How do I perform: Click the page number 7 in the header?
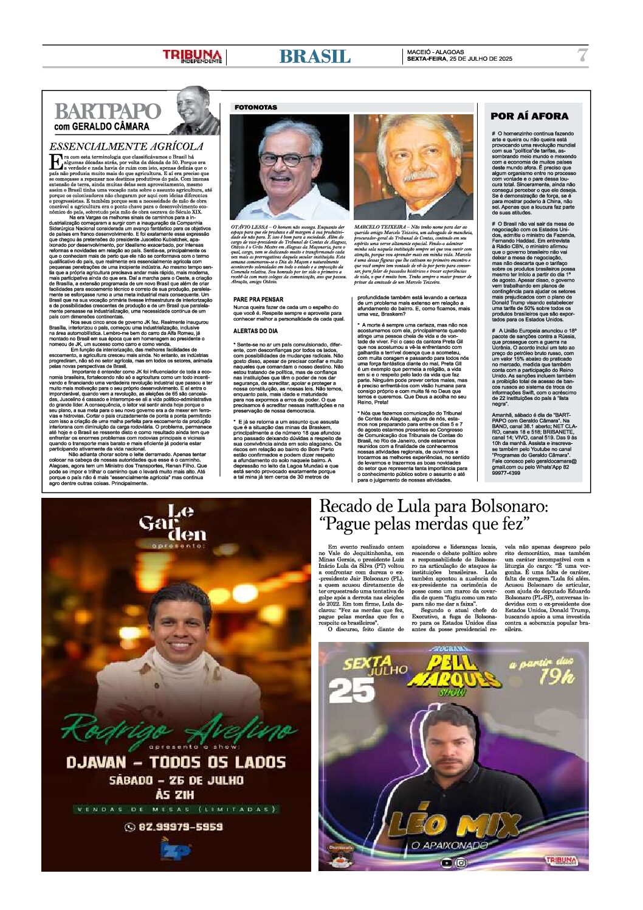[x=582, y=55]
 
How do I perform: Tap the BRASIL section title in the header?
[x=315, y=57]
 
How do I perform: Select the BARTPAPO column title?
[x=107, y=112]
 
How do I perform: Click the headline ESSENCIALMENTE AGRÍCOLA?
[x=126, y=146]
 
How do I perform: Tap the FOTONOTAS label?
[x=256, y=108]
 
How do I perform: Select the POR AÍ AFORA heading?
[x=529, y=116]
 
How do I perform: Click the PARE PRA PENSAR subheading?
[x=258, y=300]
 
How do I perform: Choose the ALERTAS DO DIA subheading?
[x=256, y=331]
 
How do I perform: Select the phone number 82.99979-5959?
[x=174, y=827]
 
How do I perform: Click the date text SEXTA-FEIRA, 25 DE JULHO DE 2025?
[x=459, y=59]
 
